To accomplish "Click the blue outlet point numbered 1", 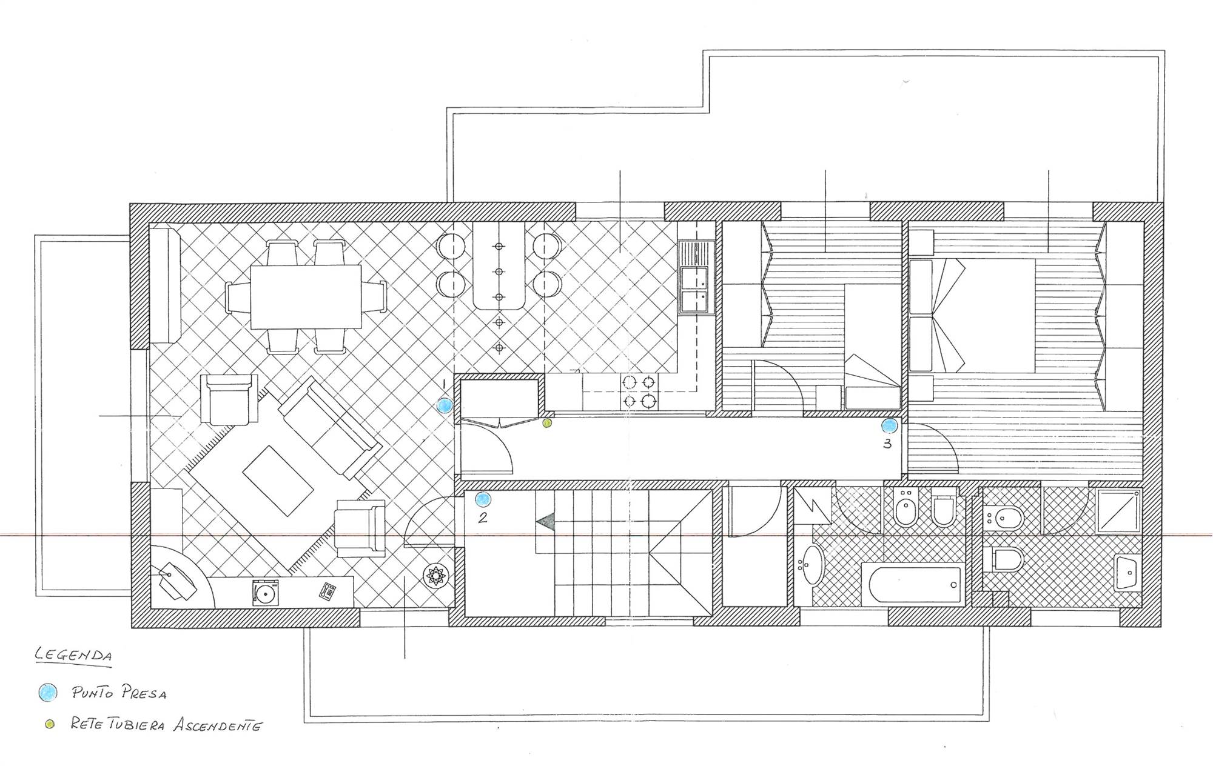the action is click(445, 406).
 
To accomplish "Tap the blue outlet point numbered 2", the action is click(483, 499).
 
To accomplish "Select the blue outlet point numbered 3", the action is click(890, 426).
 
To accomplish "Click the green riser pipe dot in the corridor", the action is click(547, 424).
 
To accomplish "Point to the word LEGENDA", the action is click(73, 655).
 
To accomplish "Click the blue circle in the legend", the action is click(47, 692).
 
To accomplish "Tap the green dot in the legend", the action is click(50, 724).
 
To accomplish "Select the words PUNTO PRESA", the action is click(119, 692).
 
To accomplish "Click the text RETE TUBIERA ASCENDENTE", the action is click(166, 725).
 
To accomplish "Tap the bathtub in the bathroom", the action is click(912, 585).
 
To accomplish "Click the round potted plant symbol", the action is click(435, 576).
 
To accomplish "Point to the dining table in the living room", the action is click(306, 296).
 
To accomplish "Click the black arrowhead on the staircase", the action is click(546, 522).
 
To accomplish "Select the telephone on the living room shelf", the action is click(328, 591).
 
